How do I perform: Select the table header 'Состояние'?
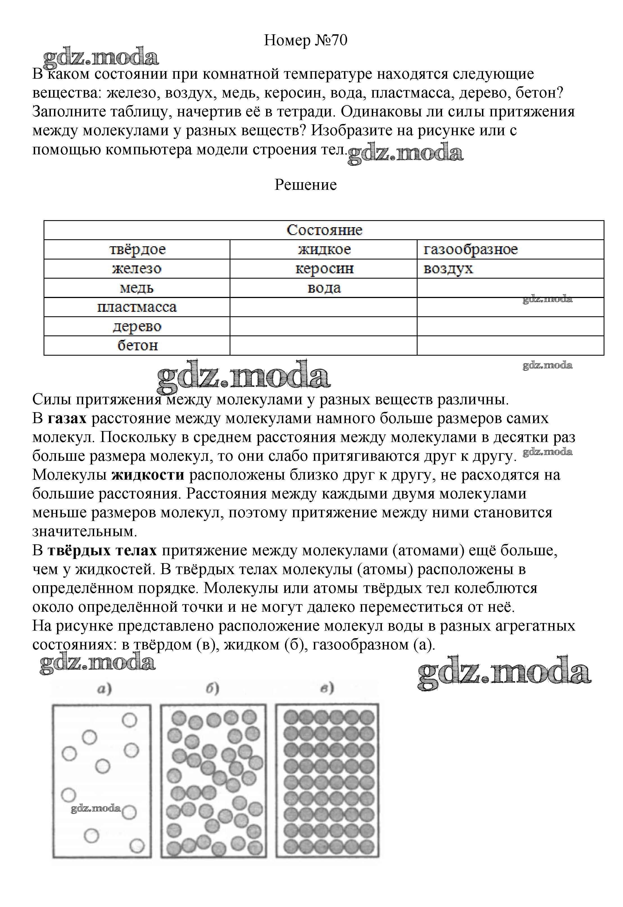(x=324, y=230)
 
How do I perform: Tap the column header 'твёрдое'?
(x=137, y=249)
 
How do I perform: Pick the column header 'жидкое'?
(x=324, y=249)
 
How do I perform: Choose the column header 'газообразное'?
(x=470, y=249)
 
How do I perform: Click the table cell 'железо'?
(x=137, y=269)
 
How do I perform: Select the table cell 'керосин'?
(x=324, y=269)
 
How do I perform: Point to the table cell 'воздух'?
(x=448, y=269)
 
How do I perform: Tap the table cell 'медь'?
(x=137, y=288)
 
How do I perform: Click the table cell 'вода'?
(x=324, y=288)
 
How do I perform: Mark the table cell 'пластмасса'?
(x=137, y=307)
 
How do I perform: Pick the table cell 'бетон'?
(x=137, y=345)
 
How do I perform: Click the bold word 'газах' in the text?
(x=67, y=418)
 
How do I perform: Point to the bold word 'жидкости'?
(x=148, y=475)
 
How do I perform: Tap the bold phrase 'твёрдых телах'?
(x=102, y=550)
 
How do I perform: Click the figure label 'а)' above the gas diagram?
(x=104, y=688)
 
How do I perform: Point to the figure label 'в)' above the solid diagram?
(x=327, y=688)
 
